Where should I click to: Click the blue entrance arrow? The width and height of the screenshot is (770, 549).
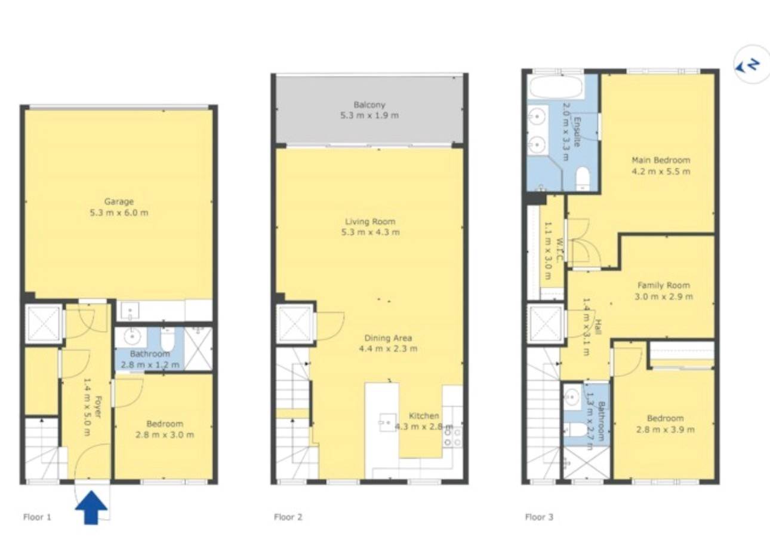click(91, 507)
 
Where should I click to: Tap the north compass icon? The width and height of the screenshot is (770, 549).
click(751, 69)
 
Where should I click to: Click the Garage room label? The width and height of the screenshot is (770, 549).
click(119, 201)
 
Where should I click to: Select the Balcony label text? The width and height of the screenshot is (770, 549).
click(369, 105)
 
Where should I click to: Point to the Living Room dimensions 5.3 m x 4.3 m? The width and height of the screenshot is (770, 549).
click(370, 232)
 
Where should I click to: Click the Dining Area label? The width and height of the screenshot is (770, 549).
click(388, 338)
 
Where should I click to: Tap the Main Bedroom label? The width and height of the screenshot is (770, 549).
click(661, 160)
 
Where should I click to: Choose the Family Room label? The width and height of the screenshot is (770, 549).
click(663, 285)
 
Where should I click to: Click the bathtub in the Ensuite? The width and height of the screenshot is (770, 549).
click(556, 87)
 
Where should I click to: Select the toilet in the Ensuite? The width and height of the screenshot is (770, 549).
click(583, 178)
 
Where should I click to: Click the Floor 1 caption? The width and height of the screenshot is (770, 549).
click(37, 517)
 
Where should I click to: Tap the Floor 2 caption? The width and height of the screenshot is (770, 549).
click(288, 517)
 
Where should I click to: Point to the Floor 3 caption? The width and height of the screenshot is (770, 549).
click(540, 517)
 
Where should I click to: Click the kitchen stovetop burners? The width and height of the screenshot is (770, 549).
click(452, 437)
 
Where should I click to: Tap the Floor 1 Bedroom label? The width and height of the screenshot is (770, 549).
click(165, 424)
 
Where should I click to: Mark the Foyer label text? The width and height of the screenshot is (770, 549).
click(98, 407)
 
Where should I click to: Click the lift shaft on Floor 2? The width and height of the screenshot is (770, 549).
click(295, 323)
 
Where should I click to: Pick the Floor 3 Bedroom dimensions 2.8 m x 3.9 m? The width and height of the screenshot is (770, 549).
click(665, 430)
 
